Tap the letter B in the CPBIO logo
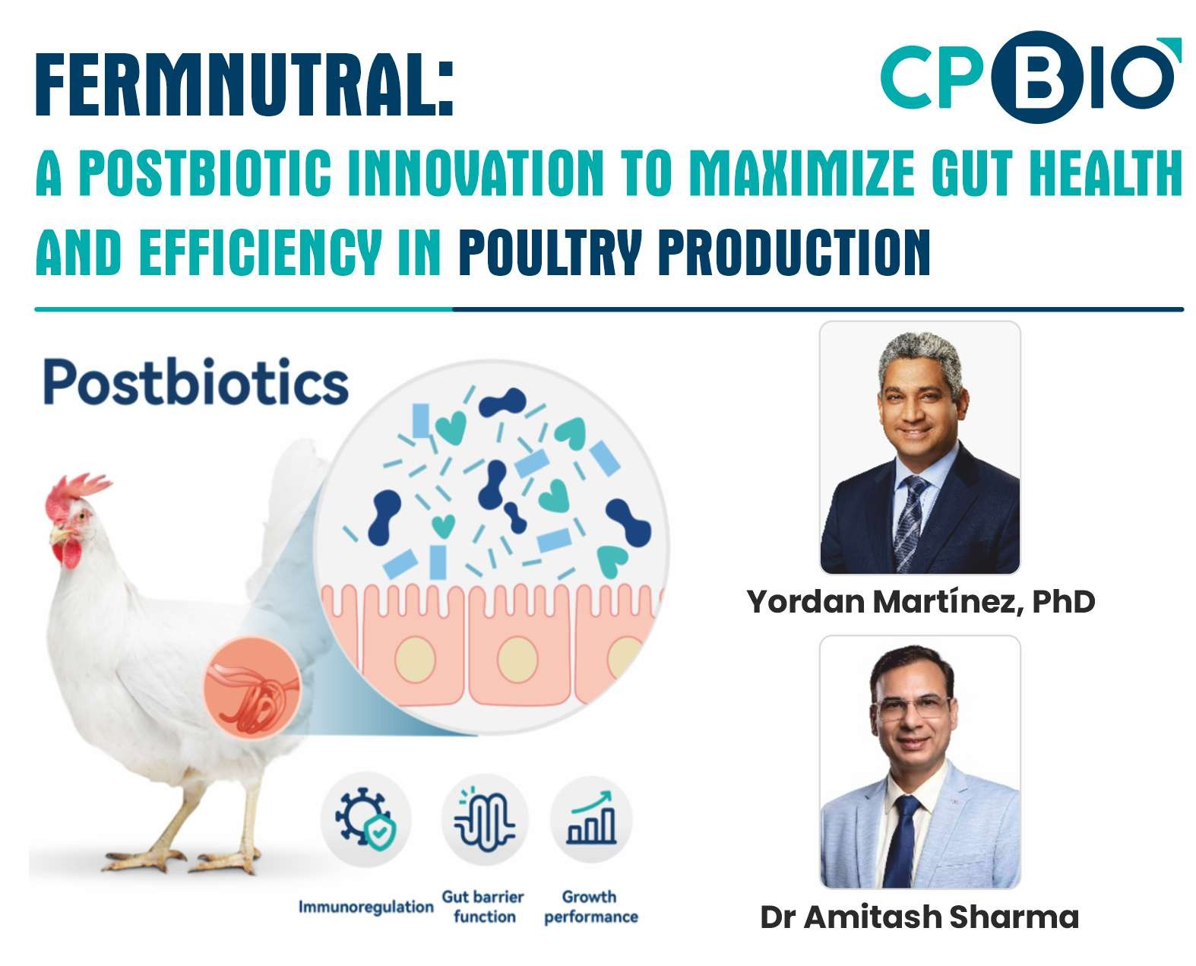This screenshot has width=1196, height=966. pyautogui.click(x=1036, y=77)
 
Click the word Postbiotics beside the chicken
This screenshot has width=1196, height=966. pyautogui.click(x=195, y=381)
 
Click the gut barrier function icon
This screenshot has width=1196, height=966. pyautogui.click(x=484, y=819)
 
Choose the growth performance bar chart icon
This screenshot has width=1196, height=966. pyautogui.click(x=590, y=818)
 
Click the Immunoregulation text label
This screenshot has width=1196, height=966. pyautogui.click(x=365, y=907)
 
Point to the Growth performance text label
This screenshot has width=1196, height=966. pyautogui.click(x=590, y=907)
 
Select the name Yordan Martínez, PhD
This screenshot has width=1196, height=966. pyautogui.click(x=920, y=603)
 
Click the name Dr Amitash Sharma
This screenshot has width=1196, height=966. pyautogui.click(x=919, y=917)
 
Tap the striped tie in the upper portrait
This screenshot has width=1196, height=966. pyautogui.click(x=910, y=522)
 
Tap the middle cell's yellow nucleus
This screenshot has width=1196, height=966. pyautogui.click(x=517, y=660)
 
